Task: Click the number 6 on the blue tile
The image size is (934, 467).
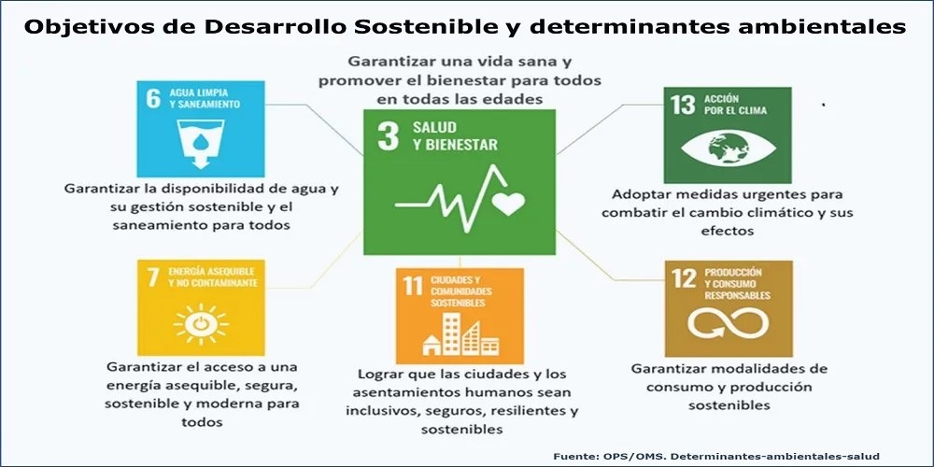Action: (154, 98)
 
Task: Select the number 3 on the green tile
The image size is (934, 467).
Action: (388, 136)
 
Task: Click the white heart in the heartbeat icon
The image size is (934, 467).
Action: (509, 203)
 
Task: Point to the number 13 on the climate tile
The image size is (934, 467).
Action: (683, 105)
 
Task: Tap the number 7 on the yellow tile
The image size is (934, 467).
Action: (153, 277)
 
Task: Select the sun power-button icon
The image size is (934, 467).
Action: (201, 324)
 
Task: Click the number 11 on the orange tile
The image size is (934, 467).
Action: (413, 286)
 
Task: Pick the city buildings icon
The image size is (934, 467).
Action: (460, 334)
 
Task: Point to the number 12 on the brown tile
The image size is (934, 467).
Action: (684, 278)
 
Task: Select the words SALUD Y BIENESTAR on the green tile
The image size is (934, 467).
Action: (455, 135)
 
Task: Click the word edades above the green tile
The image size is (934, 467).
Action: (516, 100)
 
